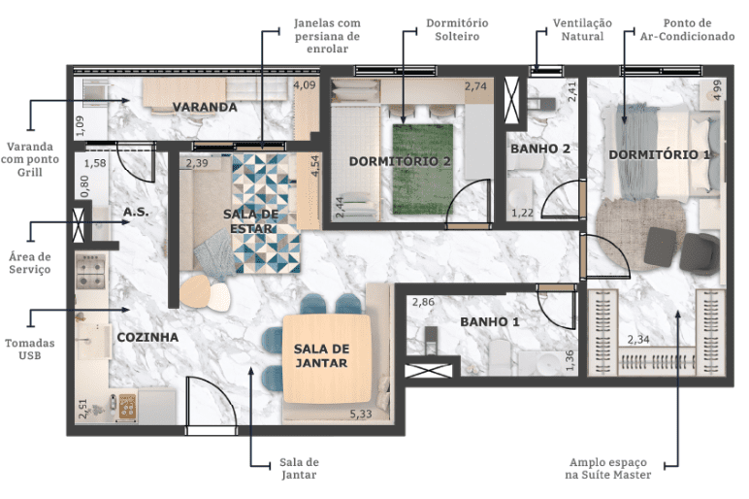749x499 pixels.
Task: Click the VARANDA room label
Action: (205, 107)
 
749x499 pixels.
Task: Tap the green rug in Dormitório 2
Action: (422, 169)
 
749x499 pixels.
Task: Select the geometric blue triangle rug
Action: (267, 214)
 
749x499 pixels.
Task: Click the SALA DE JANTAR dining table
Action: (327, 358)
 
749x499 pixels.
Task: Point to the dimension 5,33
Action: (361, 414)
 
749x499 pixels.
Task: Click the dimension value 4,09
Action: (305, 85)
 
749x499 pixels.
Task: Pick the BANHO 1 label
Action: (490, 321)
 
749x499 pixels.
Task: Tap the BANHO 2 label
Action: (540, 149)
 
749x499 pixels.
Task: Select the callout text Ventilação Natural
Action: (582, 30)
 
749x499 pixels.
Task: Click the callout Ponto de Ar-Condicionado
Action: (687, 30)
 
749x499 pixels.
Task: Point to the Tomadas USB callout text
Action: (30, 349)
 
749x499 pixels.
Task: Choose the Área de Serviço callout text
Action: (30, 263)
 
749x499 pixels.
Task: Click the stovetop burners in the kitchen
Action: (91, 272)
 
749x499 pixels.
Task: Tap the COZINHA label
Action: (147, 337)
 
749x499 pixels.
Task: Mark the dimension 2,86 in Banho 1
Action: (423, 302)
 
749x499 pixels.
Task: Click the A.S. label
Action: (136, 212)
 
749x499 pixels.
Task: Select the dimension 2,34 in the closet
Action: (638, 340)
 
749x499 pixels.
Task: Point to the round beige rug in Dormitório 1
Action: (641, 235)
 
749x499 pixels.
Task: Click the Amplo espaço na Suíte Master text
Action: (608, 468)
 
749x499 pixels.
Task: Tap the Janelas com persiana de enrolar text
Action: (327, 36)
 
